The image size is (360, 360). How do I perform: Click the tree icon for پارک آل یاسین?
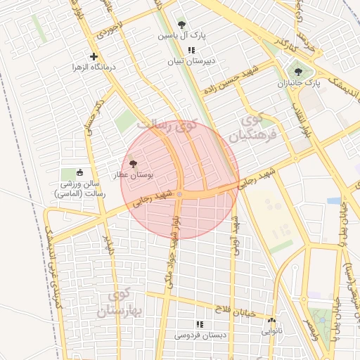click(x=182, y=25)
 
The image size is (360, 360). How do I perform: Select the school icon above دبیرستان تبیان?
click(x=191, y=50)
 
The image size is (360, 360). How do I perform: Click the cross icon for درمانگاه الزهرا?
click(x=94, y=56)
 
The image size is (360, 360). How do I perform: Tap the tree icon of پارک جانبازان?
click(x=299, y=71)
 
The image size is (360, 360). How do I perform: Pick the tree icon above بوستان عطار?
click(x=134, y=163)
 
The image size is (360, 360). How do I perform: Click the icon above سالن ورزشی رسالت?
click(x=79, y=173)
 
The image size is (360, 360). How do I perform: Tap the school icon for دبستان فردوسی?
click(x=200, y=324)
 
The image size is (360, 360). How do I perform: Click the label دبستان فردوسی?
click(x=200, y=335)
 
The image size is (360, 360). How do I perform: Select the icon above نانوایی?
click(x=271, y=320)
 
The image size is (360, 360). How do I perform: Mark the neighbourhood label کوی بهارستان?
click(x=127, y=302)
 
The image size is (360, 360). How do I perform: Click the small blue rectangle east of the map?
click(x=334, y=201)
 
